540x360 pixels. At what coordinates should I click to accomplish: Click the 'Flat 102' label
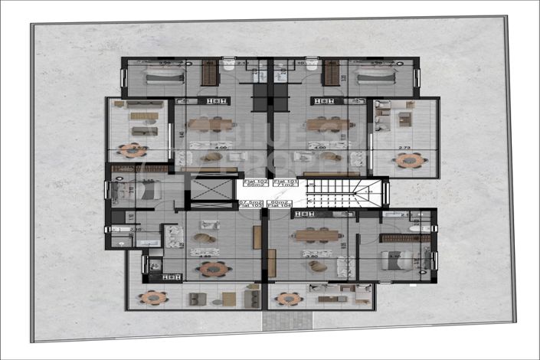[x=255, y=183]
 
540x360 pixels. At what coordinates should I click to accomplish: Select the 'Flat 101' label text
[x=276, y=183]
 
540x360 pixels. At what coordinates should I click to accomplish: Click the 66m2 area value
[x=255, y=188]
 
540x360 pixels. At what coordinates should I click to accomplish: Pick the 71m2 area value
[x=276, y=188]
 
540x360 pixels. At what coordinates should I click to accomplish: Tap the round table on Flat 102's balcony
[x=133, y=149]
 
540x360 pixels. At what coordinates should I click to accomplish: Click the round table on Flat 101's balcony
[x=409, y=160]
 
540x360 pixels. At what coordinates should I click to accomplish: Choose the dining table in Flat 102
[x=210, y=124]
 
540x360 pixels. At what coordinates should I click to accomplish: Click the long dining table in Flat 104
[x=316, y=235]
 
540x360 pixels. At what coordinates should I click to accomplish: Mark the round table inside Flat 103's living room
[x=214, y=268]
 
